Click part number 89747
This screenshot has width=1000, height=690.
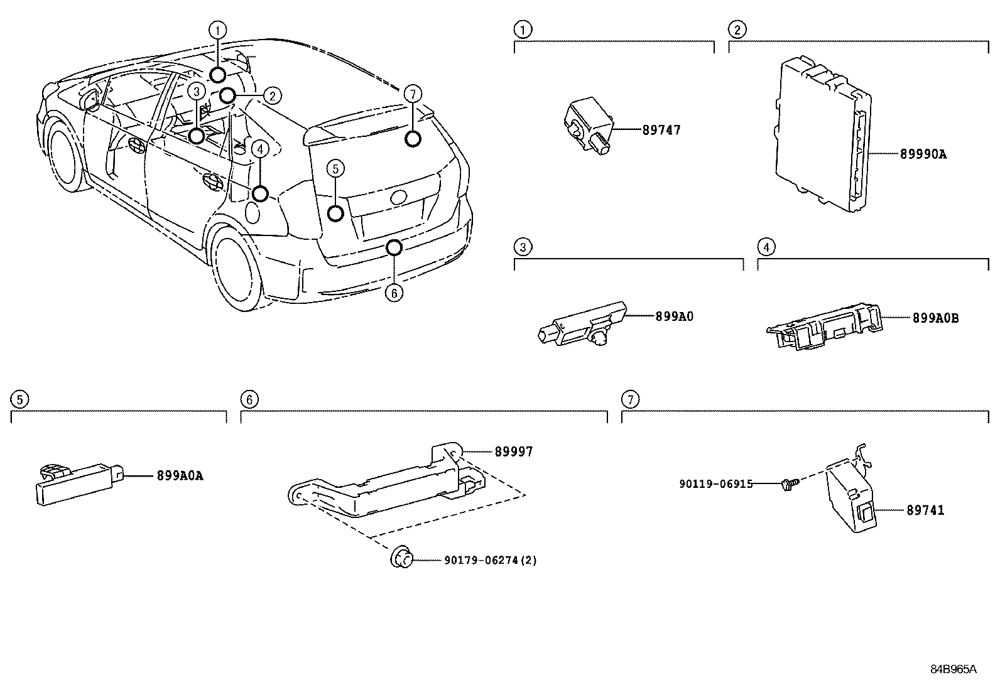661,131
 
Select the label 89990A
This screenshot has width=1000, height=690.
922,153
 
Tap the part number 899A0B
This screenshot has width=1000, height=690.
935,318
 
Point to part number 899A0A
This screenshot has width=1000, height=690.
180,476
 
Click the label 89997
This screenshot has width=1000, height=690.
513,451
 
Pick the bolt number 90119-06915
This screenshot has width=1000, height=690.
715,484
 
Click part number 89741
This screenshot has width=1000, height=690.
925,510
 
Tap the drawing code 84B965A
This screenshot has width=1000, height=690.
953,669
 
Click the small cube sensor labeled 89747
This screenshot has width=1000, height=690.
586,124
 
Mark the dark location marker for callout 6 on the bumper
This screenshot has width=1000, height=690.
394,248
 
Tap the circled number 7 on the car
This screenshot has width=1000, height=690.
411,94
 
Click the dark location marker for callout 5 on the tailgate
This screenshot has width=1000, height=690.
336,213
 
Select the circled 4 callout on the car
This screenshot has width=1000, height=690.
260,149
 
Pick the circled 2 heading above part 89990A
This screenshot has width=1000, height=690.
737,29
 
